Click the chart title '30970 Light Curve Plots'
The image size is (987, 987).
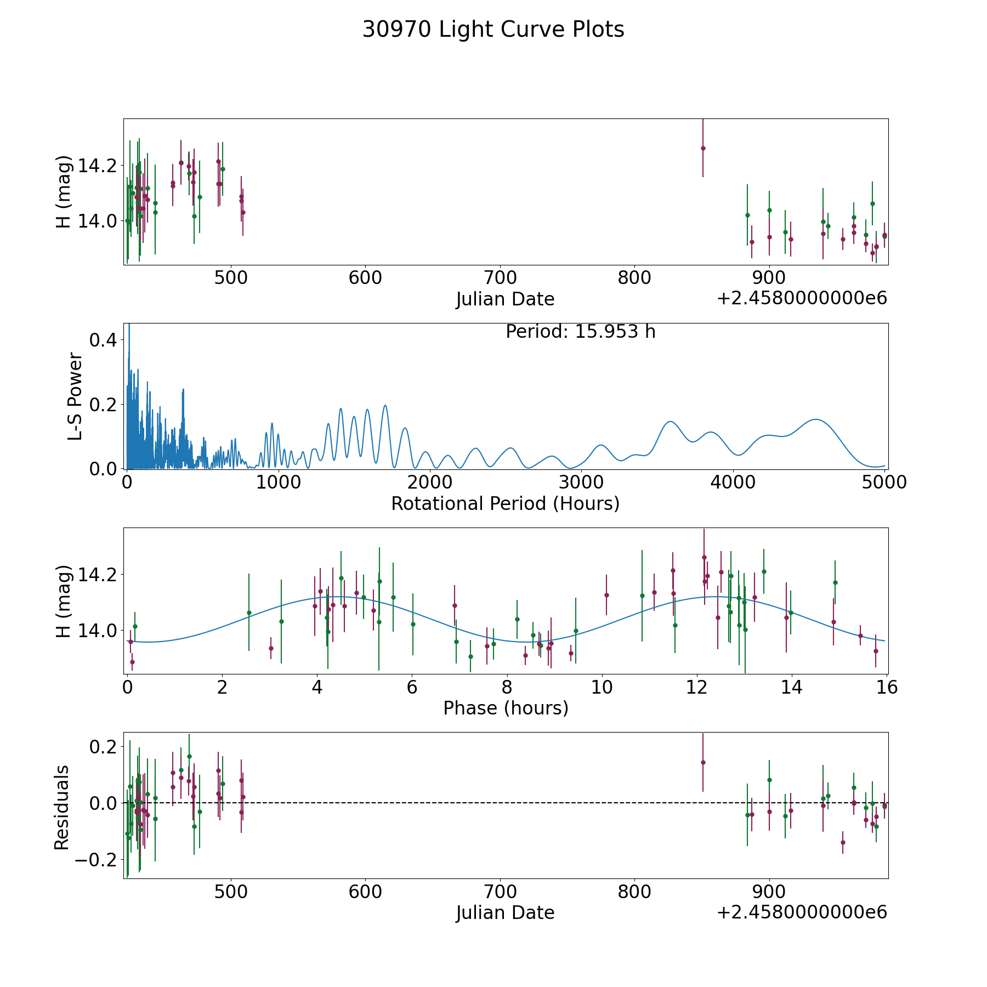click(493, 30)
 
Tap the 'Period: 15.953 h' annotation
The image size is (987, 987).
click(580, 332)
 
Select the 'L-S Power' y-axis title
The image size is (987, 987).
click(75, 396)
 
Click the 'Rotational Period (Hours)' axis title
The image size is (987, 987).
click(505, 503)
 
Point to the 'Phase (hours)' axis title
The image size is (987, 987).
click(505, 708)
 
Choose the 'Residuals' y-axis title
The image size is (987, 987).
click(62, 807)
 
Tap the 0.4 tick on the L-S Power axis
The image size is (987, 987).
click(103, 340)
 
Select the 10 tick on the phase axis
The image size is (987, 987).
click(602, 687)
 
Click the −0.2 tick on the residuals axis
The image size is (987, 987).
click(95, 859)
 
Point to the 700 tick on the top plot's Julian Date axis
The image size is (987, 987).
click(500, 278)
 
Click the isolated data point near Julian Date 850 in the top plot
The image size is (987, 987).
click(703, 148)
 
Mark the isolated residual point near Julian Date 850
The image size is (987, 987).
click(703, 762)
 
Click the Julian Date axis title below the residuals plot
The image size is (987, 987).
click(505, 913)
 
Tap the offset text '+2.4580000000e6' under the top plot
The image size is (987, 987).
click(802, 299)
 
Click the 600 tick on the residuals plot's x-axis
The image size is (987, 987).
click(365, 892)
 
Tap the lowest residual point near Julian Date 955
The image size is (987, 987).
click(843, 842)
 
